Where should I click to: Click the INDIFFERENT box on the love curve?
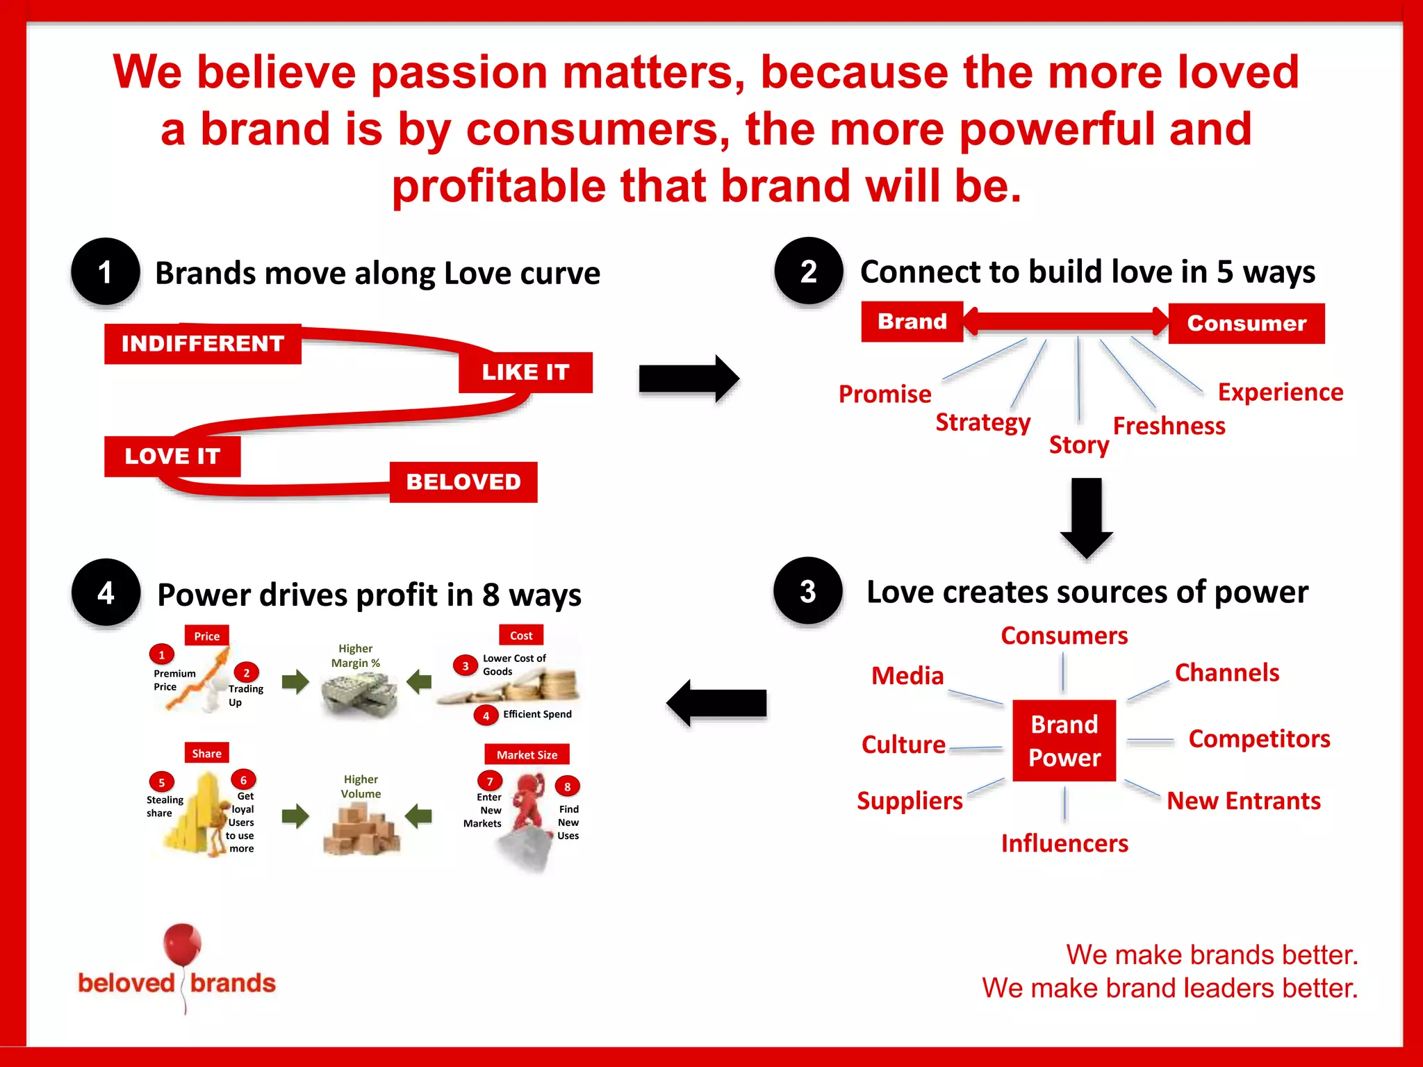202,344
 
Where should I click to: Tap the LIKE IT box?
525,372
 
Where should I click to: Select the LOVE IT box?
172,456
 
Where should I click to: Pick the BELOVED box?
463,482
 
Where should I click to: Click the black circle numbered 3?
807,591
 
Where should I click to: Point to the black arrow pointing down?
1087,518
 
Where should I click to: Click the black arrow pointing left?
716,703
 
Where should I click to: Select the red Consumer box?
1247,324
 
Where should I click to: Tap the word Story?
1078,445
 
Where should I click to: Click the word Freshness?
1169,426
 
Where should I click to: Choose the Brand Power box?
1064,741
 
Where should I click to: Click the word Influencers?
1064,843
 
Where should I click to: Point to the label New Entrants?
1243,801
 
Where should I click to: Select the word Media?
907,676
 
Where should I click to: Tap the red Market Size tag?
527,755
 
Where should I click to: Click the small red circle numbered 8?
567,787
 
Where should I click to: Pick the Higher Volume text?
361,786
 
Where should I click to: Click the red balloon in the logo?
182,945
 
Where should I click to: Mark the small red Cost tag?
521,636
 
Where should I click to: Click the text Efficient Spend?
537,714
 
